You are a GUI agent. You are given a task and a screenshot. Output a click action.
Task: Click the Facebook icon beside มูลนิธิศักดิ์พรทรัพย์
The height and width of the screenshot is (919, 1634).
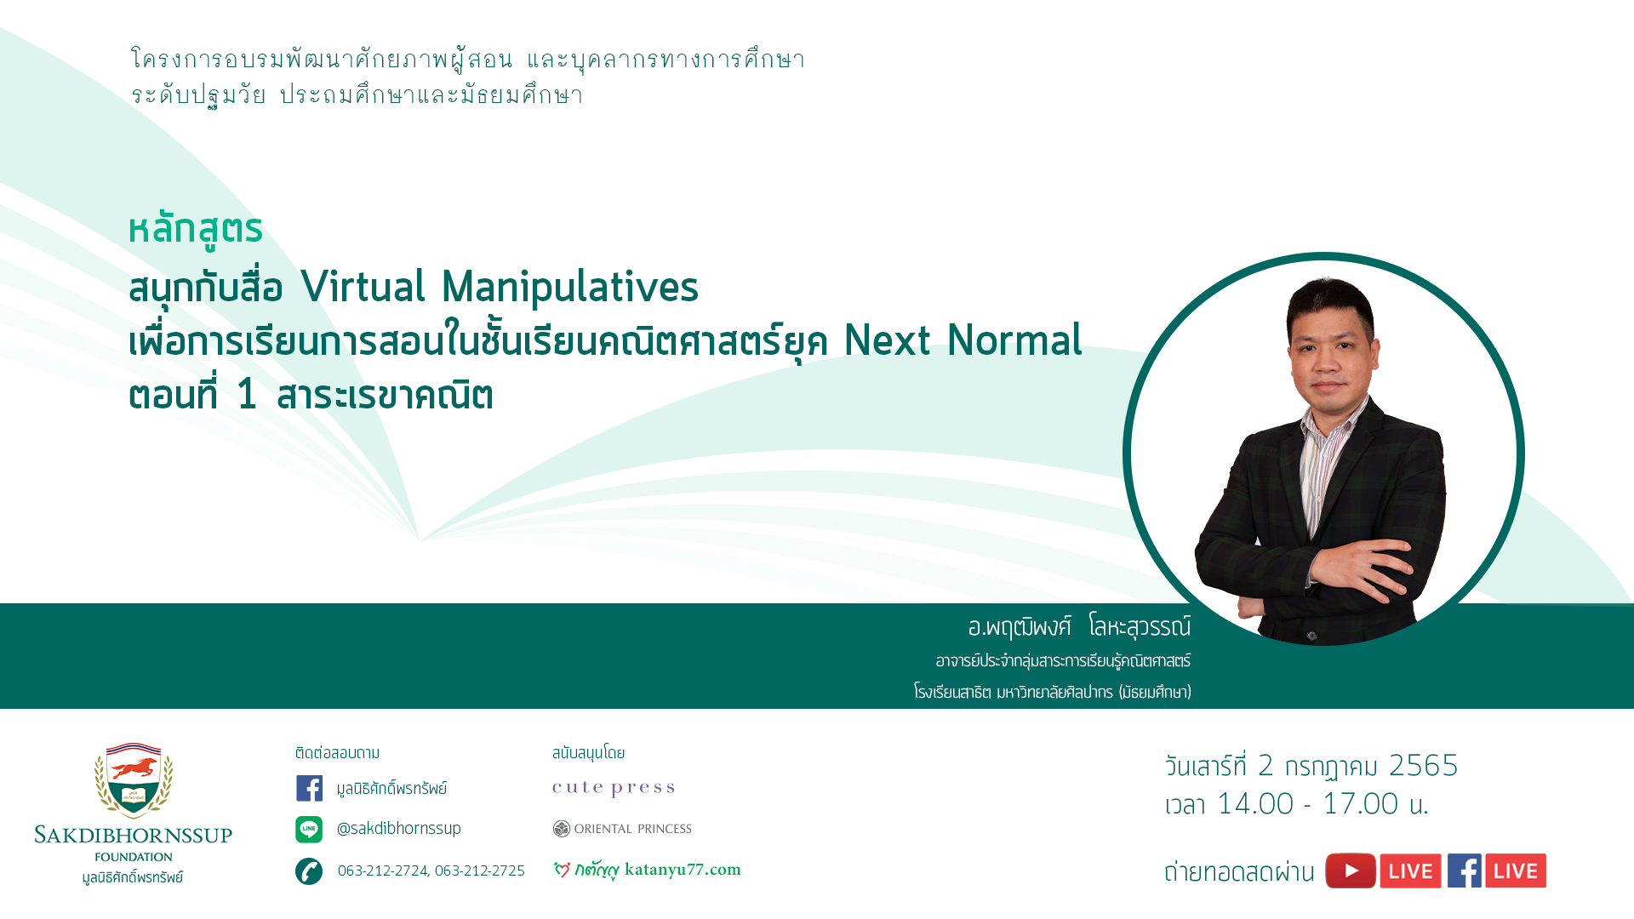(309, 788)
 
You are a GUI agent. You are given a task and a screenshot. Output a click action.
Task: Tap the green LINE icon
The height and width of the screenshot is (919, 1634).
(309, 829)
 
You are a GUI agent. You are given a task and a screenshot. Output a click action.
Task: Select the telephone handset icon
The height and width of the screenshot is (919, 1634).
(309, 871)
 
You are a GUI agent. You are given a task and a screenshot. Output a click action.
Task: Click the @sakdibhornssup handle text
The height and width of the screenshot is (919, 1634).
(399, 829)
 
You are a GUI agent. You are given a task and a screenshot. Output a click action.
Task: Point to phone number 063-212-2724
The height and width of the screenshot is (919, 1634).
(383, 870)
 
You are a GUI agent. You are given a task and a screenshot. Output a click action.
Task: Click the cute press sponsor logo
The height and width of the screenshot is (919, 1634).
(614, 788)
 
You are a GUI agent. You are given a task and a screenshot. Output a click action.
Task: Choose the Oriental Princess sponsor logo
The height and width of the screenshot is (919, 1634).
(622, 829)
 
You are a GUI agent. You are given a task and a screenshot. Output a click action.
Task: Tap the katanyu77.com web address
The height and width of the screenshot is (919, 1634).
(683, 870)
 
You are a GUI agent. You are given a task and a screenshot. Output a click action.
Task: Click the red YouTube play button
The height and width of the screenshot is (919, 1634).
(1351, 870)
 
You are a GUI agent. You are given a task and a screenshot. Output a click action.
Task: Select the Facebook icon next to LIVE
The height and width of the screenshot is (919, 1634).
(1465, 870)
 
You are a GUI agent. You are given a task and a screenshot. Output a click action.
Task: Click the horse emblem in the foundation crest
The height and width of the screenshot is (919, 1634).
(134, 768)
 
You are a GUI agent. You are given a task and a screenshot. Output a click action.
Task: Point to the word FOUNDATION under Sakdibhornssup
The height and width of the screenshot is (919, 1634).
(134, 857)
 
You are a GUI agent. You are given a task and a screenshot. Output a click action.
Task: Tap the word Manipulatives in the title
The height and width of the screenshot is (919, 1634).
(570, 288)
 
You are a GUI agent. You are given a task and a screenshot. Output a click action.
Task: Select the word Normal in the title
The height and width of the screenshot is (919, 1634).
(1014, 340)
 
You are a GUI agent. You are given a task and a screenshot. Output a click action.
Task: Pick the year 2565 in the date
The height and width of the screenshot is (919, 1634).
(1424, 765)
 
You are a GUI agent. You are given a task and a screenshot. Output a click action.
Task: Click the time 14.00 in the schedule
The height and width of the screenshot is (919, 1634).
(1256, 804)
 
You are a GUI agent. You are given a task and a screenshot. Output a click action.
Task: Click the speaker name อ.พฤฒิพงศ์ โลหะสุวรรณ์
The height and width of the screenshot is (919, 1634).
(1079, 627)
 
